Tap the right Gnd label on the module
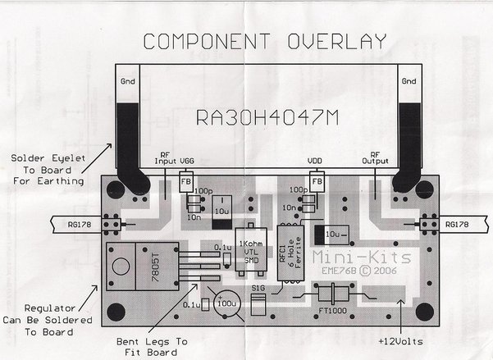[x=409, y=83]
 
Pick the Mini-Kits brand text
[x=338, y=257]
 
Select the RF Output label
[x=377, y=157]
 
